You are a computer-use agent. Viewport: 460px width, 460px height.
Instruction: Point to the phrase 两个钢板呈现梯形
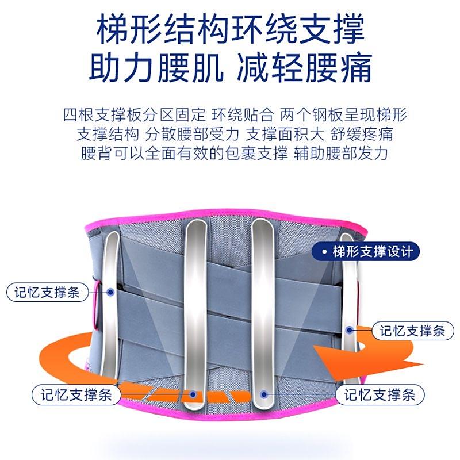(343, 114)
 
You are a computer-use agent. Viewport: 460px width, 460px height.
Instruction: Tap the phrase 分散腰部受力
(193, 135)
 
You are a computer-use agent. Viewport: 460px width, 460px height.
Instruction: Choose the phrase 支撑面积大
(285, 135)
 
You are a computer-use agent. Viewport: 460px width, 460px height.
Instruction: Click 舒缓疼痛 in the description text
(362, 135)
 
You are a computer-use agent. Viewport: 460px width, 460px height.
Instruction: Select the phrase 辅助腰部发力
(341, 154)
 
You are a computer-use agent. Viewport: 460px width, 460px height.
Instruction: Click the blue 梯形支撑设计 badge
(366, 251)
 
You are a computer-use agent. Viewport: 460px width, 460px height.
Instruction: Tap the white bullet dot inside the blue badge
(324, 252)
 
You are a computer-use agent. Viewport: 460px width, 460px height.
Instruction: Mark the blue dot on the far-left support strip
(110, 292)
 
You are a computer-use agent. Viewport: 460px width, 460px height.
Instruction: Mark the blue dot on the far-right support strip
(349, 330)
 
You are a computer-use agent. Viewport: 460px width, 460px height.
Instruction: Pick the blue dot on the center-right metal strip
(264, 394)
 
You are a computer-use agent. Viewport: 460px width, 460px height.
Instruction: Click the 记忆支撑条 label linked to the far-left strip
(47, 292)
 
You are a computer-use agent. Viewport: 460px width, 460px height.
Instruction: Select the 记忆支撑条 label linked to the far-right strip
(413, 331)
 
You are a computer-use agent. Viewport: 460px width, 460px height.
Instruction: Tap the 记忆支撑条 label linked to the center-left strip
(76, 394)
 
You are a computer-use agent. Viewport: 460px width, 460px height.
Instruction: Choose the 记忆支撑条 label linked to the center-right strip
(380, 394)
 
